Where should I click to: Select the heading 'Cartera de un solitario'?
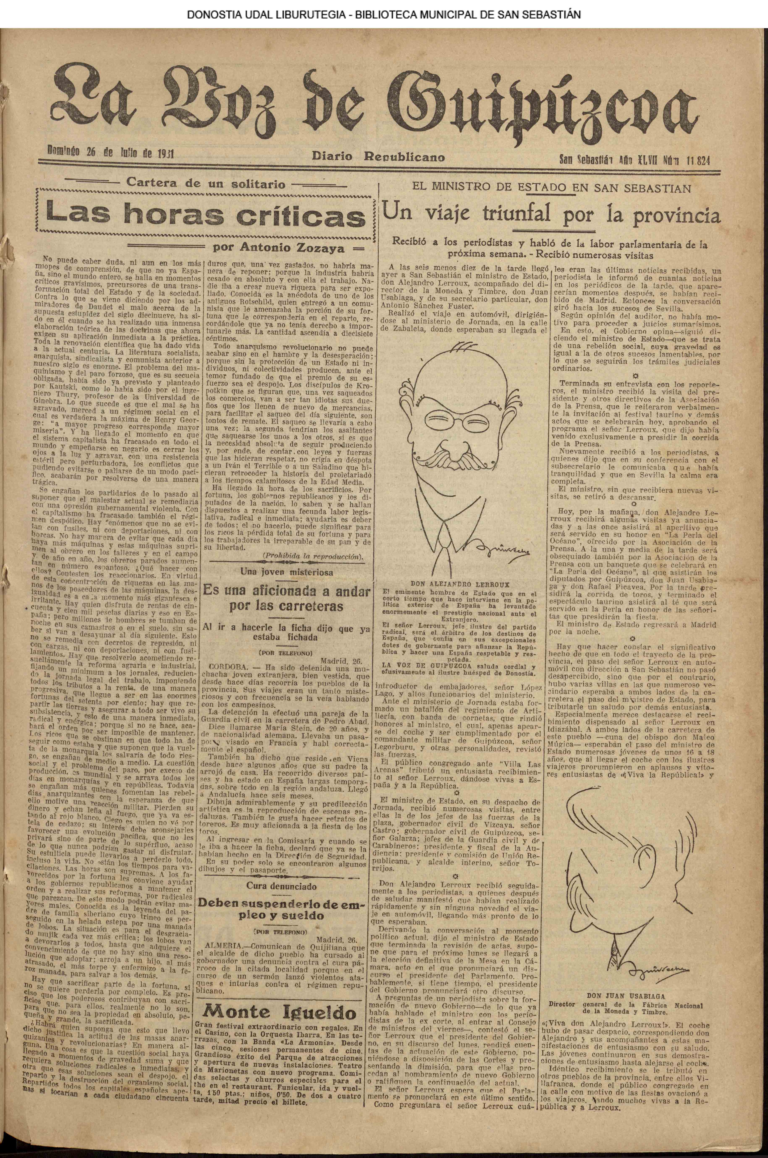pyautogui.click(x=206, y=184)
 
